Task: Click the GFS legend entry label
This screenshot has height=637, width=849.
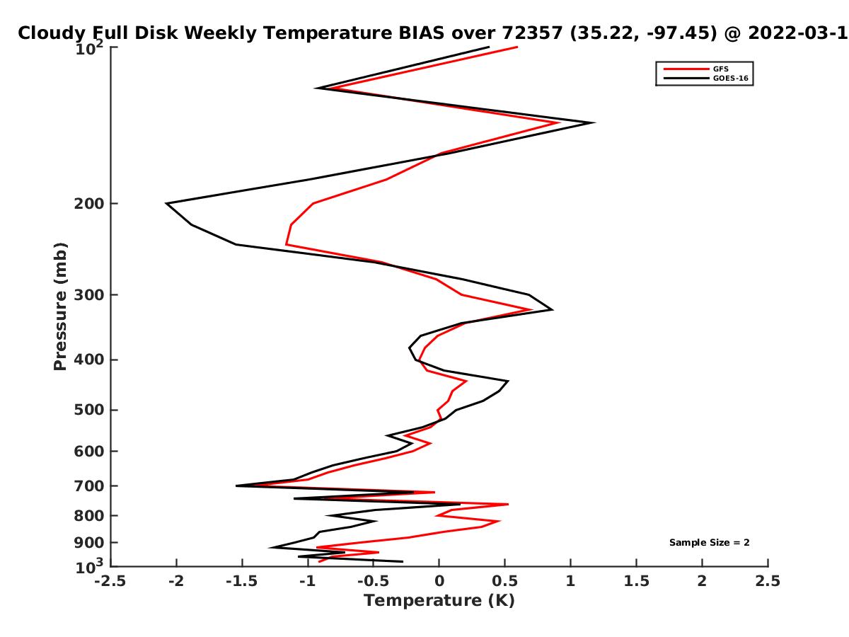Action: click(x=720, y=69)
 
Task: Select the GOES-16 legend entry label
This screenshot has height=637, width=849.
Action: click(x=730, y=79)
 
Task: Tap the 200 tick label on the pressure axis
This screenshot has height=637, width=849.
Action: click(x=89, y=204)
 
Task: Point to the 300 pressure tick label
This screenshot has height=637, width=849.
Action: click(x=89, y=295)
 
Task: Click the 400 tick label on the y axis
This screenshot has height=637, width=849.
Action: click(x=89, y=360)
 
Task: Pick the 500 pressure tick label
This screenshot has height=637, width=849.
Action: click(x=89, y=410)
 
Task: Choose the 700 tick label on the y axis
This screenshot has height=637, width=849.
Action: click(x=89, y=486)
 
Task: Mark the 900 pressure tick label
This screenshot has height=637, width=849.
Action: click(x=89, y=543)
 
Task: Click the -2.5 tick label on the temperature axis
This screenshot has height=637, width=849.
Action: click(x=110, y=581)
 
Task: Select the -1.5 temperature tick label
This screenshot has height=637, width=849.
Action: click(x=242, y=581)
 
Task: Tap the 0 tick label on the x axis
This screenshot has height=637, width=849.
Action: click(x=439, y=581)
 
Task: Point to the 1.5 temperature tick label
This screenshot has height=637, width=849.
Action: click(x=636, y=581)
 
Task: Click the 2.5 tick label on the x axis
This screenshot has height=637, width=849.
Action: click(x=768, y=581)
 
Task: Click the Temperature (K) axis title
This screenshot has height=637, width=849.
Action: click(x=439, y=601)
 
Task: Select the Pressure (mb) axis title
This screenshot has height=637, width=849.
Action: click(x=60, y=306)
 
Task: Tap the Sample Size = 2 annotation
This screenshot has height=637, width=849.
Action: click(x=709, y=543)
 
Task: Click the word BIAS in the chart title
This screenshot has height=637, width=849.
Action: click(x=421, y=33)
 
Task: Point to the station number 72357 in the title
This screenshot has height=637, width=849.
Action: click(x=532, y=33)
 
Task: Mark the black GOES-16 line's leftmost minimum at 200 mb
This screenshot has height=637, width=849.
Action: click(x=166, y=203)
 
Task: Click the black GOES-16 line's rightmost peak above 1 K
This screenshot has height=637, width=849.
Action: click(x=594, y=123)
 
